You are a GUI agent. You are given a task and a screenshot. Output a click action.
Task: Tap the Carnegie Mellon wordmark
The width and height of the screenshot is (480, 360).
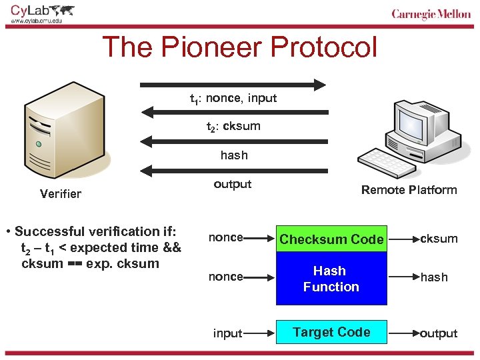click(x=431, y=15)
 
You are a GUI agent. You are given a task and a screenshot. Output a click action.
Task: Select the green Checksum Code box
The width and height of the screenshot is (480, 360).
click(x=331, y=239)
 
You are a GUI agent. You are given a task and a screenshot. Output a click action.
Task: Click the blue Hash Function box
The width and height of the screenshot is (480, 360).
click(x=331, y=279)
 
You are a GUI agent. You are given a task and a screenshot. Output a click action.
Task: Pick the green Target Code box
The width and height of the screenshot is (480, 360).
click(x=331, y=332)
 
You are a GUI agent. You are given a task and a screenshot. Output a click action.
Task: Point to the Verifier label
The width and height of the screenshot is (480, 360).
click(x=60, y=194)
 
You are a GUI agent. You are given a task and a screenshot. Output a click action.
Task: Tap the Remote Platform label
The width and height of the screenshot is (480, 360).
click(x=409, y=190)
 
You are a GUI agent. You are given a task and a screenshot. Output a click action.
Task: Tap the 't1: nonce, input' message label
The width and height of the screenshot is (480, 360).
click(x=233, y=99)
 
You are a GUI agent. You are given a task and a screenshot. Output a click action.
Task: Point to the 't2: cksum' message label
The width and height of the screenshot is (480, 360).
click(x=233, y=126)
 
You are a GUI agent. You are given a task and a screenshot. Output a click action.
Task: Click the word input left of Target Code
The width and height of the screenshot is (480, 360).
click(x=227, y=333)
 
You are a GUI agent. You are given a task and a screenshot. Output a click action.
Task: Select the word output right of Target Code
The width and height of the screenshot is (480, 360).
click(x=439, y=333)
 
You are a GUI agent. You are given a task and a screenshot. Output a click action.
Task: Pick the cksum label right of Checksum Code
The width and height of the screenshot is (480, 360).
click(x=438, y=239)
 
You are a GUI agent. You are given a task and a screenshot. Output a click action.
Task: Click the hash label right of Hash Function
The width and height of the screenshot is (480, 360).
click(x=434, y=277)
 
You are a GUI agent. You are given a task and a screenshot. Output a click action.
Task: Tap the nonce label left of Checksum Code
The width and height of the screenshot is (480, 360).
click(x=225, y=237)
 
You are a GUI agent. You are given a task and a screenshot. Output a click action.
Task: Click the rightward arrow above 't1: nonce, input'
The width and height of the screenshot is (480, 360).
click(x=233, y=85)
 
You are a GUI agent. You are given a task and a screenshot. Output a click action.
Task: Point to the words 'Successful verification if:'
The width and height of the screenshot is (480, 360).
click(x=95, y=232)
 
